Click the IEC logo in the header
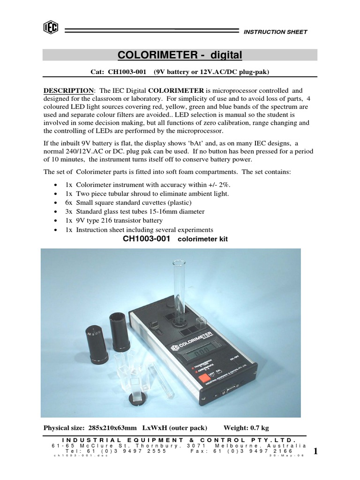point(50,29)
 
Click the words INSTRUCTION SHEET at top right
point(275,32)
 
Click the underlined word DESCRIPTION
point(68,90)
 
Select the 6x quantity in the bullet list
point(67,202)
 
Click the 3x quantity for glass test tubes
point(67,211)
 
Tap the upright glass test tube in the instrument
point(180,291)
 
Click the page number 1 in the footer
point(315,451)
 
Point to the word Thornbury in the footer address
point(159,446)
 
